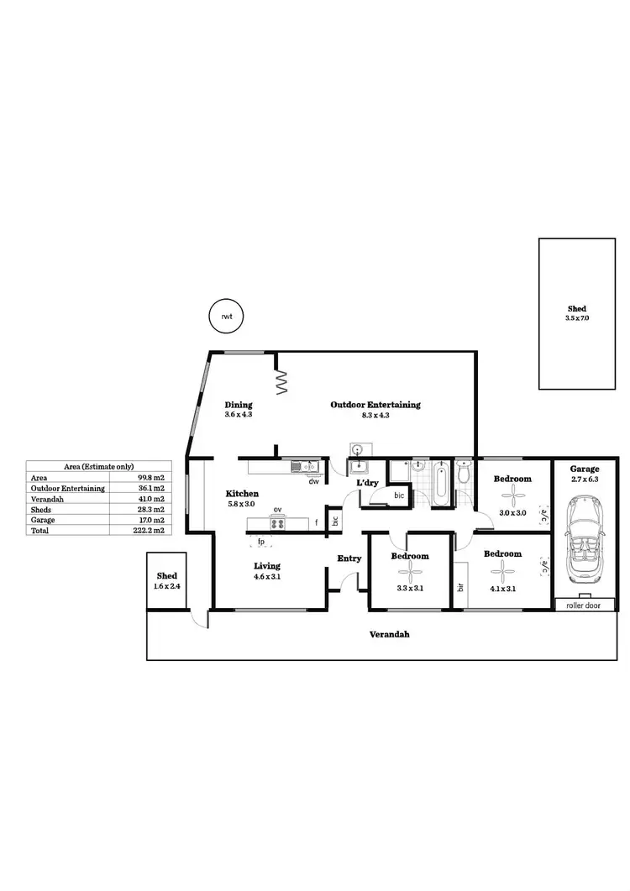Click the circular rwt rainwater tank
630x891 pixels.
click(x=225, y=317)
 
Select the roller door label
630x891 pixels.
click(x=584, y=605)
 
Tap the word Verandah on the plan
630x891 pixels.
click(x=390, y=635)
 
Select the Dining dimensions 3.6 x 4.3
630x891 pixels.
click(x=238, y=415)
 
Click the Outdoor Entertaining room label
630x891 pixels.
click(x=375, y=405)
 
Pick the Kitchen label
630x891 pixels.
click(x=242, y=494)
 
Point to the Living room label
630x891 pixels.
click(x=267, y=566)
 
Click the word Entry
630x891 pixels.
click(x=349, y=558)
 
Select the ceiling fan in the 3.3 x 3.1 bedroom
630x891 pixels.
click(x=411, y=573)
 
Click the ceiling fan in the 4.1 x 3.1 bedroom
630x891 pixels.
click(x=502, y=571)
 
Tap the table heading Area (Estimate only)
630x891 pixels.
click(x=99, y=466)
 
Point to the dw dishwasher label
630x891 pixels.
click(x=312, y=482)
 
